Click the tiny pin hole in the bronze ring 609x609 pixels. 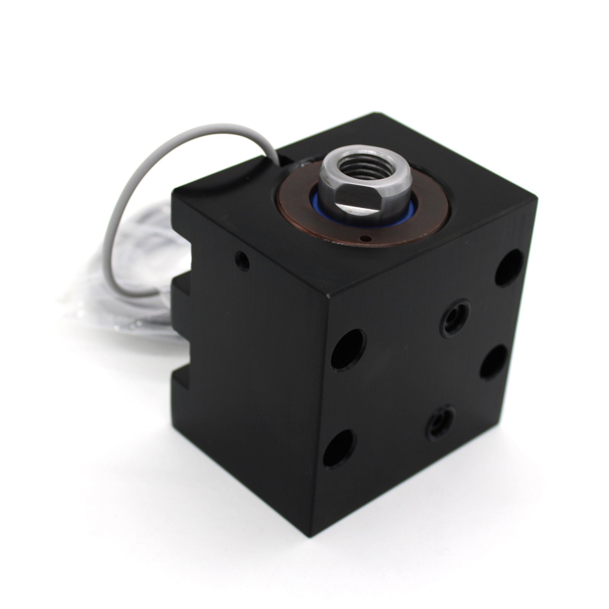365,239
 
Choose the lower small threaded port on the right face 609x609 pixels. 440,418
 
